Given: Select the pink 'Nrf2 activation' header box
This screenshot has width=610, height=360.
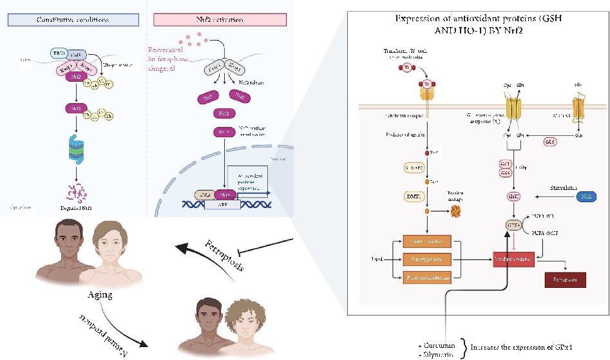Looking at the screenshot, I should point(220,19).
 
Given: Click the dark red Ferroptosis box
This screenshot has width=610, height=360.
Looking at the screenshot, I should point(565,279).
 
